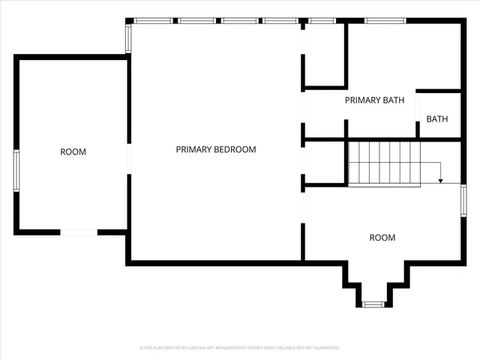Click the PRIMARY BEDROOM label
coord(216,149)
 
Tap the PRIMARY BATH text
coord(374,100)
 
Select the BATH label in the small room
coord(437,119)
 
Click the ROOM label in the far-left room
coord(73,152)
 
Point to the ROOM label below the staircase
coord(382,238)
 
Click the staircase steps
coord(383,163)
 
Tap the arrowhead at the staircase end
coord(441,180)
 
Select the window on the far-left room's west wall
coord(16,172)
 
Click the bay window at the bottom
coord(373,304)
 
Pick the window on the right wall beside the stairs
coord(463,200)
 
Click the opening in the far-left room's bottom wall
coord(79,232)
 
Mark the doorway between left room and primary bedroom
coord(129,158)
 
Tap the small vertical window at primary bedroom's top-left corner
coord(128,37)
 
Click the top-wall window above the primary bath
coord(385,20)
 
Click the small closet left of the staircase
coord(325,161)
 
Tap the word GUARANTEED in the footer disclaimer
coord(324,348)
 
